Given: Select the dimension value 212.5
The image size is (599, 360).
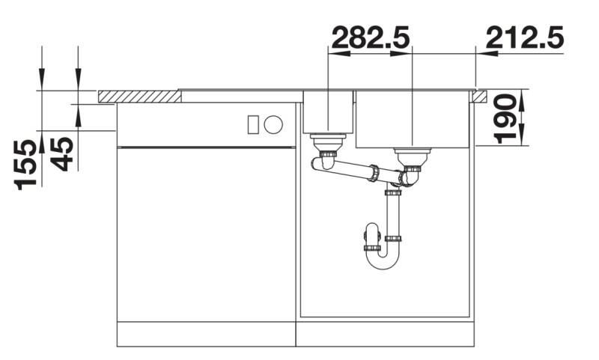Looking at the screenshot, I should [x=524, y=37].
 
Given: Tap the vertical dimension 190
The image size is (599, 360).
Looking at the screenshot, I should [x=508, y=118].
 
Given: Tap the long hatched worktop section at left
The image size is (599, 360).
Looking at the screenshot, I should [x=139, y=97].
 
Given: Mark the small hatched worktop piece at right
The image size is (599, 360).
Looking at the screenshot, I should [x=479, y=96].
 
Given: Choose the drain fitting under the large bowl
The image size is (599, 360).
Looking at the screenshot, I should [x=412, y=157].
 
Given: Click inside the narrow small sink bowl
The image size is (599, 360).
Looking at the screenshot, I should [x=328, y=112].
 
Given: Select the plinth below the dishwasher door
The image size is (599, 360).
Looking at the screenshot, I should [x=207, y=335].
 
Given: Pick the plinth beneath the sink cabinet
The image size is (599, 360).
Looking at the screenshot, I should [x=386, y=335].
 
